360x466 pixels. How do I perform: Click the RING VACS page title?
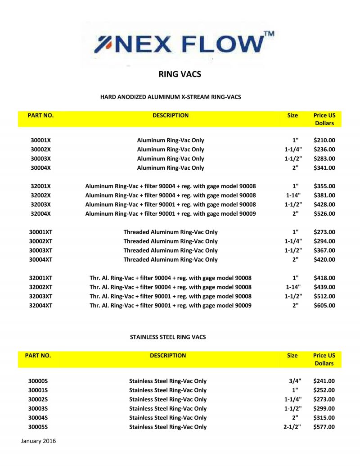(180, 74)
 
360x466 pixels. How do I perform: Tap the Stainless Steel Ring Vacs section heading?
(168, 337)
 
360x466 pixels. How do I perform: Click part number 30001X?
(40, 140)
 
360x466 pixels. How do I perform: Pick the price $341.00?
(324, 168)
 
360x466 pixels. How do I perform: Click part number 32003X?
(40, 204)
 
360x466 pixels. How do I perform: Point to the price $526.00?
(324, 214)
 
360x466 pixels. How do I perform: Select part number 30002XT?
(40, 241)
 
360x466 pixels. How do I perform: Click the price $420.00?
(324, 260)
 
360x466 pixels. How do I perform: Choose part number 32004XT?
(40, 306)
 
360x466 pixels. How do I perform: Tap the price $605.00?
(324, 306)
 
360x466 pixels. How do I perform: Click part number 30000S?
(38, 381)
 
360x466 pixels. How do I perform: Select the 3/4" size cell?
(295, 381)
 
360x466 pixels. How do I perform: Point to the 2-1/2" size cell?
(292, 427)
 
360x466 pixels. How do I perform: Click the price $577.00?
(324, 427)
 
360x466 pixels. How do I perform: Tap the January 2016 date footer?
(38, 441)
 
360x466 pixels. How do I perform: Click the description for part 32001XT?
(171, 278)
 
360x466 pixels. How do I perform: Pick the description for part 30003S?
(168, 409)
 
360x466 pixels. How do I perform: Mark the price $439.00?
(324, 287)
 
